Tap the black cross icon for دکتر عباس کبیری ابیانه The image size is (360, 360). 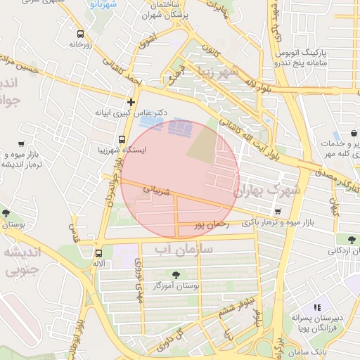[x=130, y=102]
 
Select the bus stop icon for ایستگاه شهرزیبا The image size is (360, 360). [x=122, y=139]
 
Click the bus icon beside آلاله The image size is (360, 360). [x=98, y=253]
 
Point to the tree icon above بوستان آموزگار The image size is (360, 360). [x=174, y=275]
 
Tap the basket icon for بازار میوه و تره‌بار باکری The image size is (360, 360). [x=278, y=212]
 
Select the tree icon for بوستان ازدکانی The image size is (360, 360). [x=349, y=239]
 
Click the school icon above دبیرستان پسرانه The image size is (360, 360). [x=317, y=307]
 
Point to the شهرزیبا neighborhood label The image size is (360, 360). [x=223, y=73]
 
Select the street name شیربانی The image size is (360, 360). [x=157, y=190]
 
